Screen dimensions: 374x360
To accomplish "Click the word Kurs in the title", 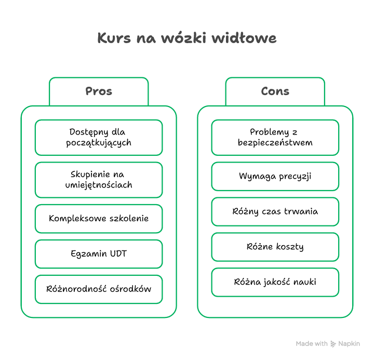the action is click(114, 38).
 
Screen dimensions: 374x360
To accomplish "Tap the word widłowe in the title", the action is click(244, 38).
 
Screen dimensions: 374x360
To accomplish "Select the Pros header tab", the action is click(99, 91).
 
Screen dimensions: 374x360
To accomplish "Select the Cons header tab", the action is click(275, 91).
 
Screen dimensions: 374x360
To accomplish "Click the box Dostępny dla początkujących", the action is click(99, 138).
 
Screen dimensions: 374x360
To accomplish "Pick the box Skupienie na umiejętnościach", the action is click(99, 180).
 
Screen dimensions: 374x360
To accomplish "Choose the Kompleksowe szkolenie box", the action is click(99, 219).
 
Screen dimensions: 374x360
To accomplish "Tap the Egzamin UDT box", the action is click(99, 254).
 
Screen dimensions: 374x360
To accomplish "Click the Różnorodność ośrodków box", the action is click(99, 289).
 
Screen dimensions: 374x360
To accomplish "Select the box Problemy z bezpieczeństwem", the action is click(275, 138).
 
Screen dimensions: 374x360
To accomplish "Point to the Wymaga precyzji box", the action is click(275, 177).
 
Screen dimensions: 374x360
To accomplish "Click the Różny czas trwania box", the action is click(275, 211).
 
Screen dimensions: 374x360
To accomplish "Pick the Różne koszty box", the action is click(275, 247).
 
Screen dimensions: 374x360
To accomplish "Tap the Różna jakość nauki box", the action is click(275, 282).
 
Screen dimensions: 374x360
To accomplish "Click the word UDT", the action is click(118, 254).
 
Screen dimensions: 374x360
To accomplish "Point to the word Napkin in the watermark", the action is click(349, 344).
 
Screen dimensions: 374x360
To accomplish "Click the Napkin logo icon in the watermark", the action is click(333, 344).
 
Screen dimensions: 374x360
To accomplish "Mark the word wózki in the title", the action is click(183, 38).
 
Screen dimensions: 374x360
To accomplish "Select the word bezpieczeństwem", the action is click(275, 143).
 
